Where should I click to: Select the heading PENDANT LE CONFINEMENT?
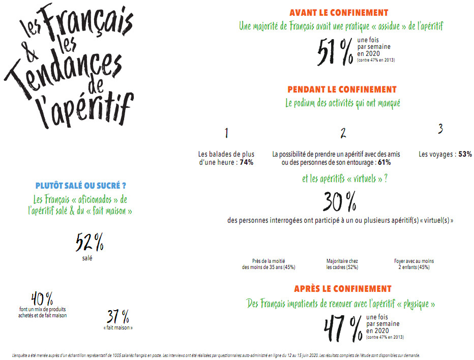coord(342,89)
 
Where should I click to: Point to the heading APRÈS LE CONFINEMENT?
coord(342,289)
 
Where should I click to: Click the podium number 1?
coord(226,133)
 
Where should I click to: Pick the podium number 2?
coord(343,133)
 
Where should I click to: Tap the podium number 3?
coord(440,129)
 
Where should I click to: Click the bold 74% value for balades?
coord(247,163)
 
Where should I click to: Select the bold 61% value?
coord(384,163)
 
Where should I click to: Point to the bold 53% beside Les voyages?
coord(465,154)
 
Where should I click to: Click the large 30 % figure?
coord(339,203)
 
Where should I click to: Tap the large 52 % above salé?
coord(90,243)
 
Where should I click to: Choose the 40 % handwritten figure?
coord(42,298)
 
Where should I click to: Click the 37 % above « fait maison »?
coord(118,317)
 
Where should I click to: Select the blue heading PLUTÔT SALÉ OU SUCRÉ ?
coord(81,186)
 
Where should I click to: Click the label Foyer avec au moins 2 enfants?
coord(413,264)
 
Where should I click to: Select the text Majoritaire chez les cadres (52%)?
coord(342,264)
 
